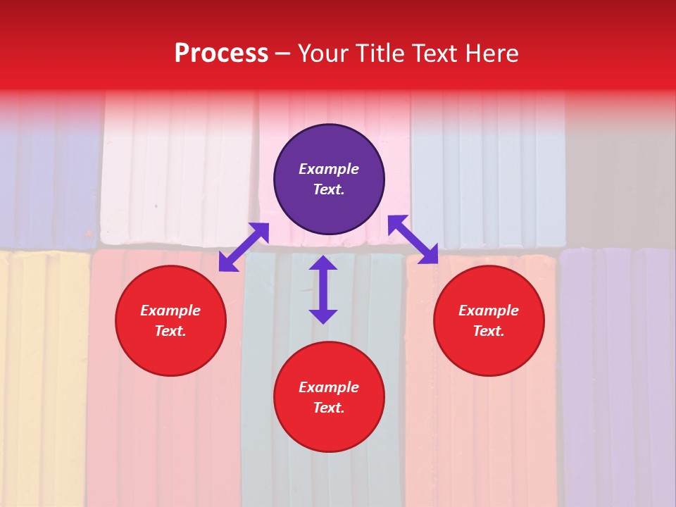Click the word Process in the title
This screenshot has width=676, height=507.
pos(221,54)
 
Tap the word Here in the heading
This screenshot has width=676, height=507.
pos(490,54)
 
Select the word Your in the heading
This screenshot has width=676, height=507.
pos(322,54)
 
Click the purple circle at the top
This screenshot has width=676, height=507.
pos(329,180)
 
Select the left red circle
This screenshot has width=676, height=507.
pos(170,321)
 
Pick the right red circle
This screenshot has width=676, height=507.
pos(489,321)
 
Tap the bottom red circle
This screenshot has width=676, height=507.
pos(329,397)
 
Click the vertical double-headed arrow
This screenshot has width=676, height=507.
pos(323,289)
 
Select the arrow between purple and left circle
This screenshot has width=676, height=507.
pos(244,247)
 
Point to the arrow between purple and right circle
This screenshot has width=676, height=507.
pos(413,239)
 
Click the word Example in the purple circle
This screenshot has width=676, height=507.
pos(329,169)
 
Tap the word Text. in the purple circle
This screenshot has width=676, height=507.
pos(329,189)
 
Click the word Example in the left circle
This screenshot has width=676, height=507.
pos(170,311)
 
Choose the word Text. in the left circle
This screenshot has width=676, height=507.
pos(170,331)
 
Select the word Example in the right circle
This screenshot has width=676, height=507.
pos(489,311)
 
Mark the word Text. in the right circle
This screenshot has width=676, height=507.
pos(489,331)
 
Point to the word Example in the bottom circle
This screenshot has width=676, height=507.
pos(329,387)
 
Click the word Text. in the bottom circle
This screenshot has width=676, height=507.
pos(329,408)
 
